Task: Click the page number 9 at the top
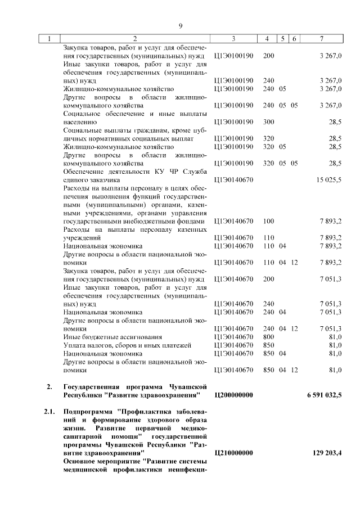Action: [x=181, y=26]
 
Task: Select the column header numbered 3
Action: [x=233, y=39]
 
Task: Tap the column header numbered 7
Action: [x=321, y=39]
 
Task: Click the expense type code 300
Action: [x=268, y=121]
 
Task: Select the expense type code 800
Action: [x=268, y=337]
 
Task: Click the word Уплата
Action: [x=75, y=345]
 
